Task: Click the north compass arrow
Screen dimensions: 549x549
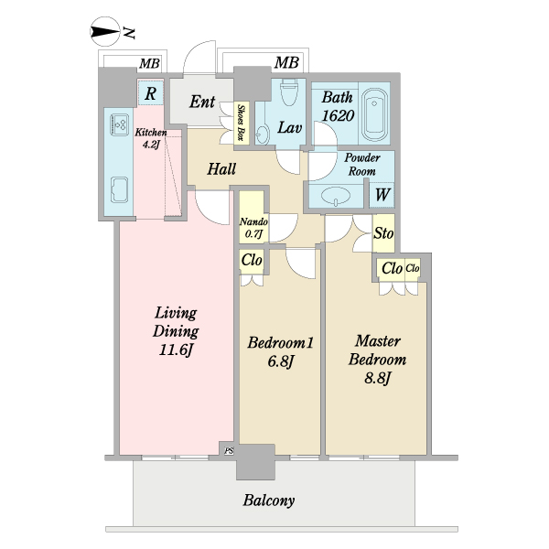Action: point(105,32)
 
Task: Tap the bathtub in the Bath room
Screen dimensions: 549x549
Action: point(374,114)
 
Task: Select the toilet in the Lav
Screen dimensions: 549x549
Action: point(289,92)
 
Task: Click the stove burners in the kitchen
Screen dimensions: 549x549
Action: point(120,124)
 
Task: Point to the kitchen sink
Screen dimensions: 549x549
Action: point(119,189)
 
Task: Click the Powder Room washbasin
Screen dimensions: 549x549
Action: point(336,196)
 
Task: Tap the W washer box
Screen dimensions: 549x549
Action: point(382,195)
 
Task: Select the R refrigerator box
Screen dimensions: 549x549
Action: point(151,93)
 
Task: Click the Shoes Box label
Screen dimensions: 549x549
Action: point(241,123)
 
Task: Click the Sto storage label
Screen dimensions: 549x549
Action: point(383,232)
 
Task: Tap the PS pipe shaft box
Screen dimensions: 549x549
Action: point(229,450)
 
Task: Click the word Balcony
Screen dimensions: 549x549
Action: point(268,501)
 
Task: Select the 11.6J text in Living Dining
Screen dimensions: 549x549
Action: point(176,350)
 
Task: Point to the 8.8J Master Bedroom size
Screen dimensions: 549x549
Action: point(377,379)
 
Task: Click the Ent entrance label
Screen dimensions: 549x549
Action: point(202,102)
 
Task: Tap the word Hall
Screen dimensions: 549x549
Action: point(221,169)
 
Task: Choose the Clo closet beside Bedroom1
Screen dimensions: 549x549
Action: point(252,261)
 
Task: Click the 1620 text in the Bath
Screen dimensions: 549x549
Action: point(338,115)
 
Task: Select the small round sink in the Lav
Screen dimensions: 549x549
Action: point(262,133)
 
